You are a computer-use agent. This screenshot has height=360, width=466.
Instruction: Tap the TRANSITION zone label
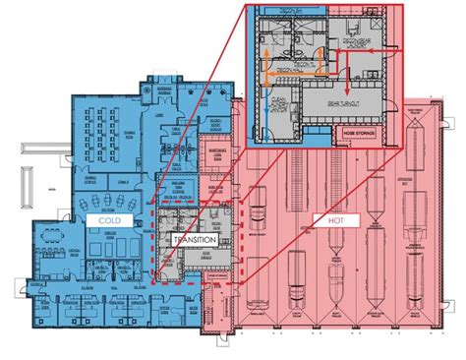pos(193,239)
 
